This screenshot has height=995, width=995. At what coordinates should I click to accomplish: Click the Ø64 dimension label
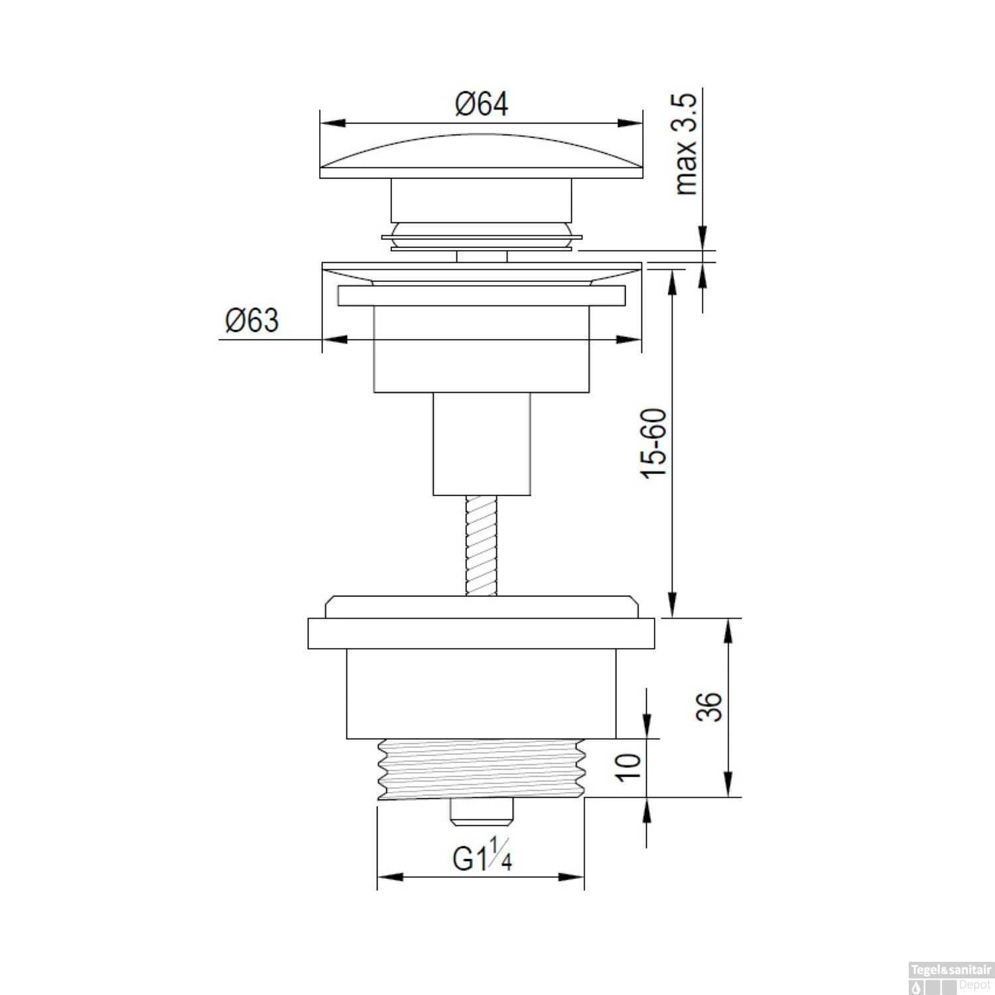pyautogui.click(x=482, y=104)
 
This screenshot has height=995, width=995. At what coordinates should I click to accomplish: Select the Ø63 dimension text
pyautogui.click(x=252, y=321)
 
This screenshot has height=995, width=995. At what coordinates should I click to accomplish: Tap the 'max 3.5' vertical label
pyautogui.click(x=688, y=145)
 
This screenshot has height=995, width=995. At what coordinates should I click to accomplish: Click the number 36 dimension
pyautogui.click(x=708, y=706)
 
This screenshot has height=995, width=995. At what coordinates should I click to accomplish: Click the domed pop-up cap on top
pyautogui.click(x=482, y=158)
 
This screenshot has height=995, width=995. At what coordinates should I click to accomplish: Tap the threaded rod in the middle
pyautogui.click(x=482, y=545)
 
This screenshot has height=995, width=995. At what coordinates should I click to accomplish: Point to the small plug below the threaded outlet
pyautogui.click(x=482, y=812)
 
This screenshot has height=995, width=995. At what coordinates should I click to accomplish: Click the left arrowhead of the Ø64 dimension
pyautogui.click(x=332, y=123)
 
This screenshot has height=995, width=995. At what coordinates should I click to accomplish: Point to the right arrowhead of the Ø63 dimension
pyautogui.click(x=630, y=340)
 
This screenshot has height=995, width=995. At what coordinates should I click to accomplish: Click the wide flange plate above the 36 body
pyautogui.click(x=482, y=633)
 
